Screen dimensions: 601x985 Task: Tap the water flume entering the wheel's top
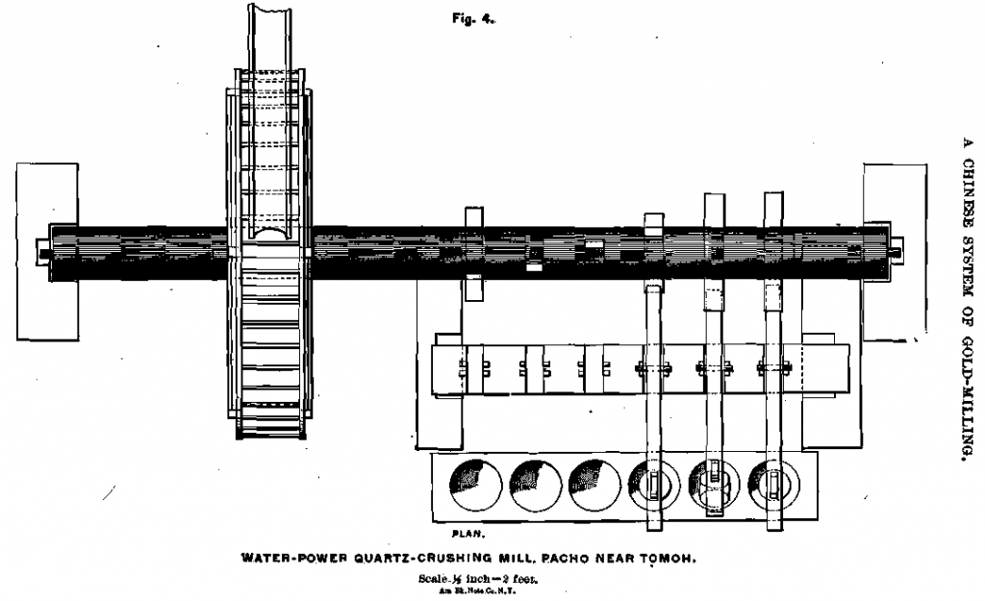274,38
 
